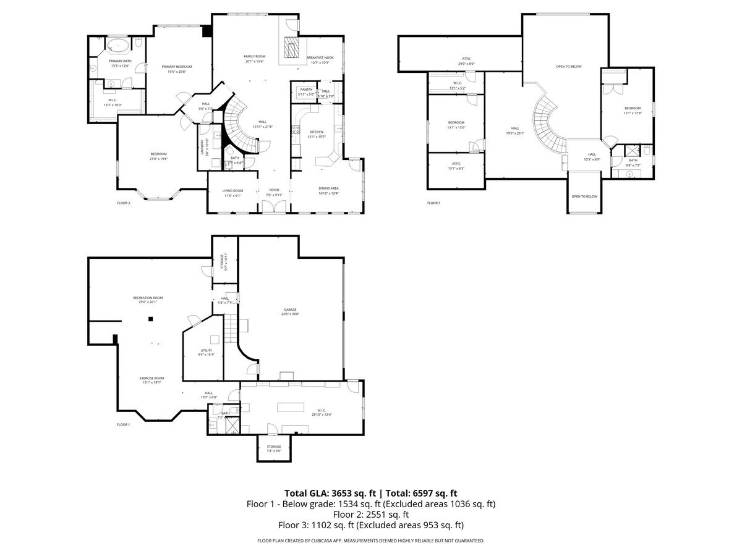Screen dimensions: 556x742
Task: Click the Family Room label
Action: tap(254, 56)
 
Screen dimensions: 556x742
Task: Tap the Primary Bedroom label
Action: tap(177, 67)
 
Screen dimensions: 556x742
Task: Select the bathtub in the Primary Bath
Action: tap(117, 46)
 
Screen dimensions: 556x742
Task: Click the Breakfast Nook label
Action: tap(320, 57)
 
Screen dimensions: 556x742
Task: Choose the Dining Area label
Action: tap(328, 188)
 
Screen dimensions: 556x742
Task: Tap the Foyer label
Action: tap(274, 190)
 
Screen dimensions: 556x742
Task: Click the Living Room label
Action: tap(233, 191)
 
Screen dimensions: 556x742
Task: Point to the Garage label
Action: tap(290, 310)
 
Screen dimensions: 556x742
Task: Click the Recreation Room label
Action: tap(148, 298)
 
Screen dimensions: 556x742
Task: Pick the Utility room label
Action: tap(206, 350)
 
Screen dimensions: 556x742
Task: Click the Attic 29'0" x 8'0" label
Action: tap(466, 59)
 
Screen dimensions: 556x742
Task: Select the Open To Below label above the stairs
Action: tap(568, 66)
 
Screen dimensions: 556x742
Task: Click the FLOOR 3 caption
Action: tap(433, 203)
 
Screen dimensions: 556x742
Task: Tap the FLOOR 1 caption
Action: tap(124, 424)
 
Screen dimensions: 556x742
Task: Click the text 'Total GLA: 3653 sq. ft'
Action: tap(331, 493)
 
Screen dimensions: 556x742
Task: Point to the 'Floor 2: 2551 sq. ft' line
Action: tap(371, 515)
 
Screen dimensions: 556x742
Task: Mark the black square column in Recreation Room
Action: tap(150, 319)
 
